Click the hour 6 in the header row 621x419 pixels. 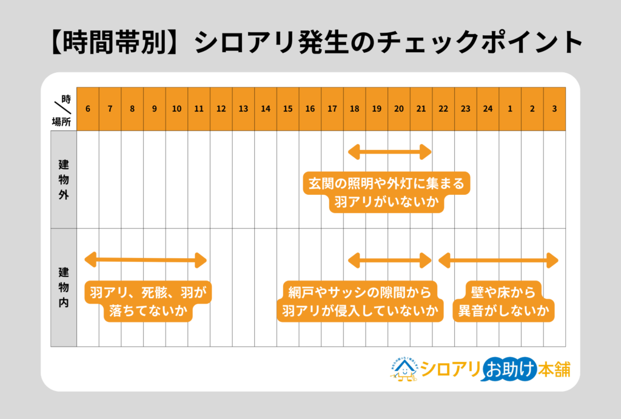coord(89,109)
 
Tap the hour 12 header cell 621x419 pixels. coord(221,109)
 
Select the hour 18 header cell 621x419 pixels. coord(354,109)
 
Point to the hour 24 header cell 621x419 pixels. coord(488,109)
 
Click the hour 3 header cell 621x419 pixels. coord(554,109)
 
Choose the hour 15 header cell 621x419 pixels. coord(287,109)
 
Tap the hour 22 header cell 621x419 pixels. coord(443,109)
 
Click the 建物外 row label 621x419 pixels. coord(64,180)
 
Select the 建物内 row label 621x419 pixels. coord(64,287)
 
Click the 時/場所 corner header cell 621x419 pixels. coord(64,109)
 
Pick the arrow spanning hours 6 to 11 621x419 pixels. coord(146,261)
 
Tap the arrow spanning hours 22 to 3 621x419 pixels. coord(498,261)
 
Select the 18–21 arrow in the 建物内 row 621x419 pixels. coord(389,261)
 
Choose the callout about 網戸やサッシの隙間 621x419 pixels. coord(360,302)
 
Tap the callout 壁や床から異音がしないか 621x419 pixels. coord(504,302)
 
